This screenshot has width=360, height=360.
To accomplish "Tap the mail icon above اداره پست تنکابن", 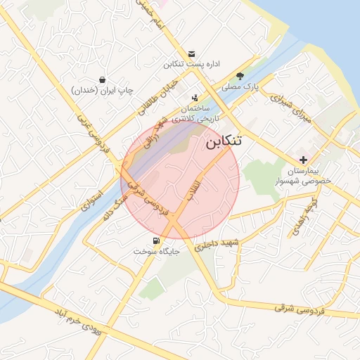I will point(192,54).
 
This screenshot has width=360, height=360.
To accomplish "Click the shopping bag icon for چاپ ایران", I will point(103,79).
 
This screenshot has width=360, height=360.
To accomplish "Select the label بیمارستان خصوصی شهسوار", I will point(313,175).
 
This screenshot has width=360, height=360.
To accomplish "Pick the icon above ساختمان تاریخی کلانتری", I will point(195,98).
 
